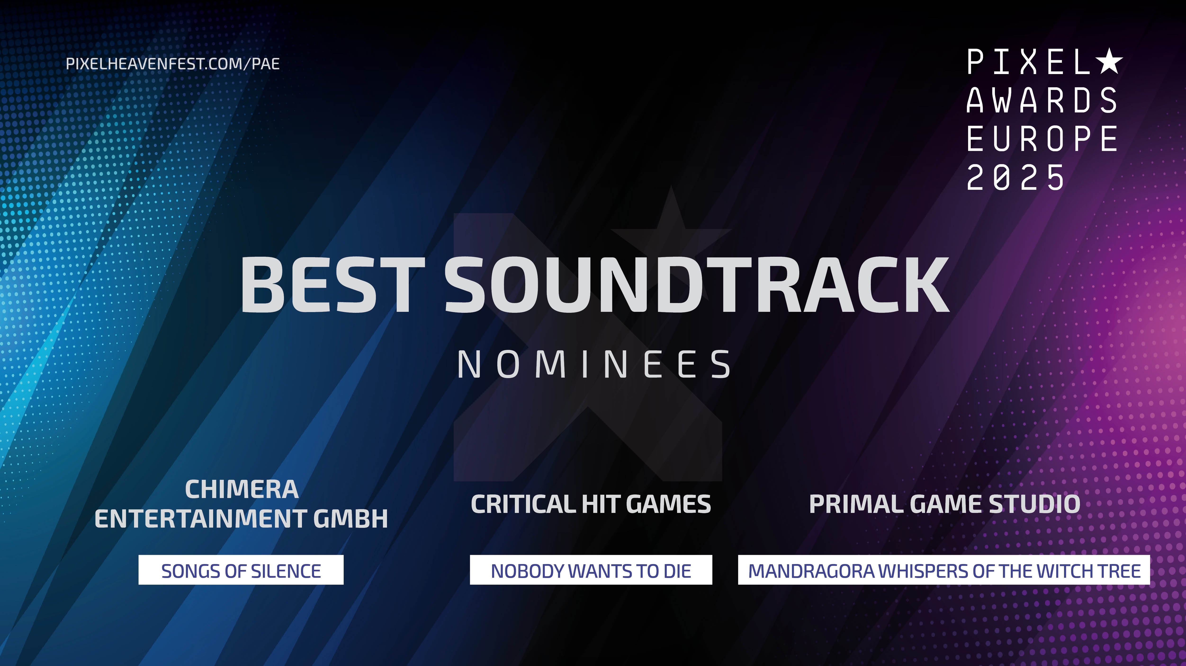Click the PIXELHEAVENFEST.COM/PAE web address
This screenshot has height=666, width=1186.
pyautogui.click(x=173, y=63)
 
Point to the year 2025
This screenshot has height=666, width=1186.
pyautogui.click(x=1015, y=177)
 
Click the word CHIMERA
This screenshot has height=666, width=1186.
pyautogui.click(x=242, y=489)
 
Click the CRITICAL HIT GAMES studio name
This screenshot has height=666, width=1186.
pyautogui.click(x=591, y=504)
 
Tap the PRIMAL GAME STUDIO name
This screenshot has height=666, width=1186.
pyautogui.click(x=944, y=504)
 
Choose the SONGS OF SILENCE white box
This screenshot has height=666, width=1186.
pyautogui.click(x=241, y=570)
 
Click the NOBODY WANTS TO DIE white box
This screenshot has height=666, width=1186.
pyautogui.click(x=591, y=570)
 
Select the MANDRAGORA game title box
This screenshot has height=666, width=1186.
pyautogui.click(x=944, y=570)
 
